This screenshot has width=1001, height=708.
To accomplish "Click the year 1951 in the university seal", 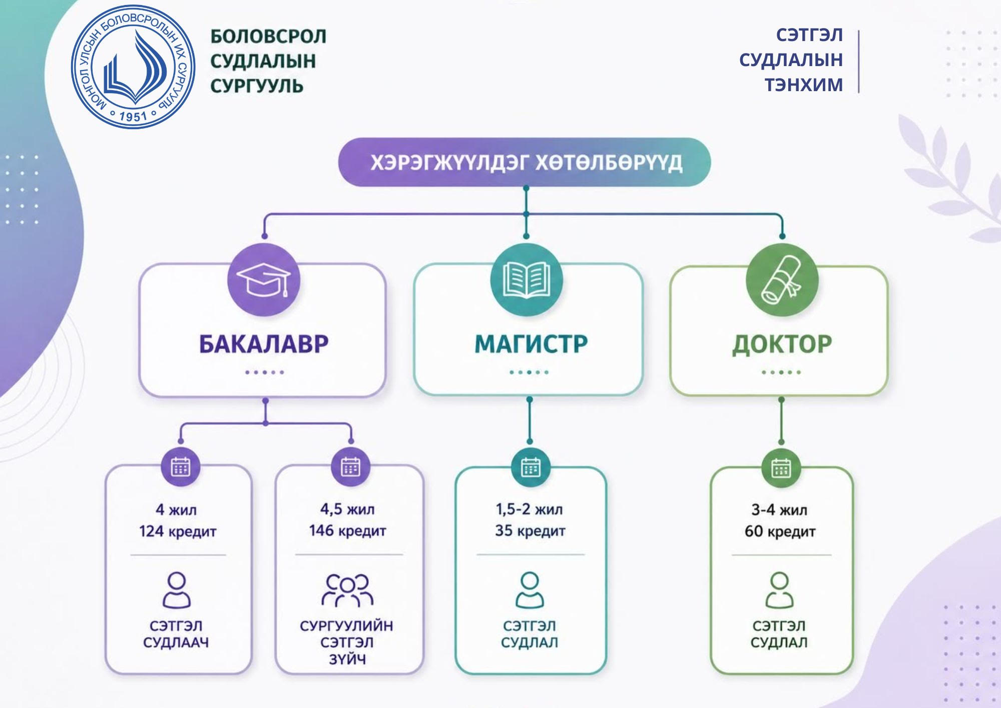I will tap(133, 117).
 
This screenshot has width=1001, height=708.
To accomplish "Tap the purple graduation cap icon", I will tap(264, 280).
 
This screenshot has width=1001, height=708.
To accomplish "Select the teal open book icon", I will tap(526, 280).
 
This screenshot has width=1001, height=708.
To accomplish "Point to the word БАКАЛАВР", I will tap(264, 344).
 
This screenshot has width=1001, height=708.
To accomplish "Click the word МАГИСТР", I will tap(531, 344).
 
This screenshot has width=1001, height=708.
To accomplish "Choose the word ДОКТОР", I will tap(782, 344).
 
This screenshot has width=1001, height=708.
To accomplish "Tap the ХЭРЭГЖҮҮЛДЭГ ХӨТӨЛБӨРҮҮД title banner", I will tap(526, 163).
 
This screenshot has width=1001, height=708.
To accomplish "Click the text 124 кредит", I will tap(178, 531).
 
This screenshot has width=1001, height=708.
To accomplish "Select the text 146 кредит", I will tap(347, 531).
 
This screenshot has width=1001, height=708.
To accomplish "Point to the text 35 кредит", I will tap(530, 531).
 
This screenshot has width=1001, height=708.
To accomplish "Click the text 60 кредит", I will tap(780, 531).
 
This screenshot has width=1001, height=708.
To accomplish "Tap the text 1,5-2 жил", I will tap(529, 510).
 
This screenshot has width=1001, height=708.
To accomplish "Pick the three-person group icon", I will tap(347, 590).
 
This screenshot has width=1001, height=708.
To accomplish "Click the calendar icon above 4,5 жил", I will tap(350, 467).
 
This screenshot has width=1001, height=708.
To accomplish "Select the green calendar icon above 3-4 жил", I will tap(781, 468).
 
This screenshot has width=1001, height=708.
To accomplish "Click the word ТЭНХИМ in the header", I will tap(803, 85).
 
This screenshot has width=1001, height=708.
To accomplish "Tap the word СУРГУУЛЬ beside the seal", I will tap(257, 86).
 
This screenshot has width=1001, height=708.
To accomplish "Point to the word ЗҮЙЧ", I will tap(347, 659).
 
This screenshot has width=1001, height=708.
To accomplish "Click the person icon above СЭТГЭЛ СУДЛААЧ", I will tap(177, 590).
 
